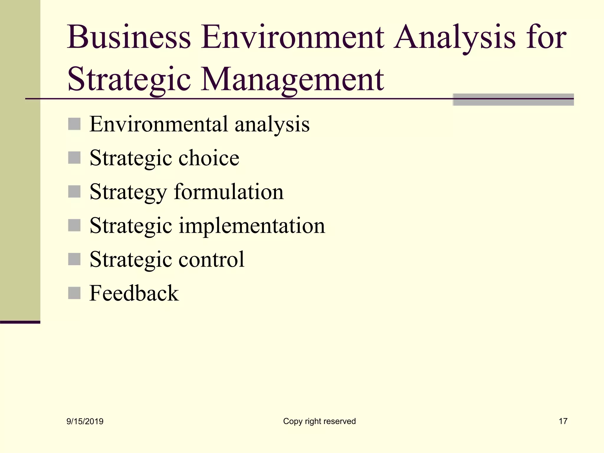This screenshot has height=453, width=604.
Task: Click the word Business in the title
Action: point(129,37)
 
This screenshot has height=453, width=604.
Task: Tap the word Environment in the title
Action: point(292,37)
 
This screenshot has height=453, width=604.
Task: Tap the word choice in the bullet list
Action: point(209,158)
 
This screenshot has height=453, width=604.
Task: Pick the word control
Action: point(211,260)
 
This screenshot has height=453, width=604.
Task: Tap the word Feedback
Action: point(134,293)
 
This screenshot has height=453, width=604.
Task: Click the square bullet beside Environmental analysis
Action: point(74,124)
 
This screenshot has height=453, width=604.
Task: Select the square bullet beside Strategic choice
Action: point(74,158)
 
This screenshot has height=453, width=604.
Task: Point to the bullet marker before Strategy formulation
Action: point(74,192)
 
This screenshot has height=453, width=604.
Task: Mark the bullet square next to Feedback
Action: point(74,293)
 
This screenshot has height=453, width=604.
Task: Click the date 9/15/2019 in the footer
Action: point(85,421)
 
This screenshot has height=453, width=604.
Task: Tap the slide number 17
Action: point(563,421)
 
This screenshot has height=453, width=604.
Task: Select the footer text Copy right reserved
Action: point(319,421)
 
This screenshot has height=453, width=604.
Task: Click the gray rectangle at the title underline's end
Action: point(513,100)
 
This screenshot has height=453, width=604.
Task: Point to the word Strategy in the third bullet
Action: point(128,192)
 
